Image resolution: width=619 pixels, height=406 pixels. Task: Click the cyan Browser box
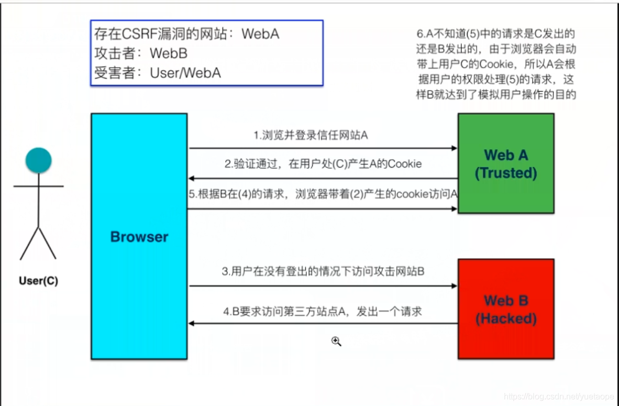coord(139,236)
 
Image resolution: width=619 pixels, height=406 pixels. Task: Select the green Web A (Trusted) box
coord(506,163)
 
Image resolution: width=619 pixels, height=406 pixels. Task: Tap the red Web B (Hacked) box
coord(506,309)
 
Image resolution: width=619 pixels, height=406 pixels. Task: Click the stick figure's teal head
coord(38,160)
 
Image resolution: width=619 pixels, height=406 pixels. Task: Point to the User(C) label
coord(38,281)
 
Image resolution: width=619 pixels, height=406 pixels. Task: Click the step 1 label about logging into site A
coord(311,136)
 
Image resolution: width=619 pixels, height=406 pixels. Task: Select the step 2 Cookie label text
coord(323,164)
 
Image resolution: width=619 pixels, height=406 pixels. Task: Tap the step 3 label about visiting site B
coord(323,271)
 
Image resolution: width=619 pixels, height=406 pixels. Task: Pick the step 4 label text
coord(323,312)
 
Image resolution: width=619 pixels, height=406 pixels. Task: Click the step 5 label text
coord(323,194)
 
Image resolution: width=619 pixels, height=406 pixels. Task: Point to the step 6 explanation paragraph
coord(496,64)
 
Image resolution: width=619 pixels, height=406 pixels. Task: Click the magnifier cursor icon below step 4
coord(336,341)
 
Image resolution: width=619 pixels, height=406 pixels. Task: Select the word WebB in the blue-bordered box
coord(169,53)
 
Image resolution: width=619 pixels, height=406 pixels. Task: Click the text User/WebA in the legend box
coord(185,73)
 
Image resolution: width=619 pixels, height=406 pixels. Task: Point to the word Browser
coord(139,237)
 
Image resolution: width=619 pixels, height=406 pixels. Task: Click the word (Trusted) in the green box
coord(506,173)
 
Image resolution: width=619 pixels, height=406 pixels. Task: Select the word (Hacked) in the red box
coord(506,319)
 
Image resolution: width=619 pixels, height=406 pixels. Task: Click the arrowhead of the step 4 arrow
coord(191,323)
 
